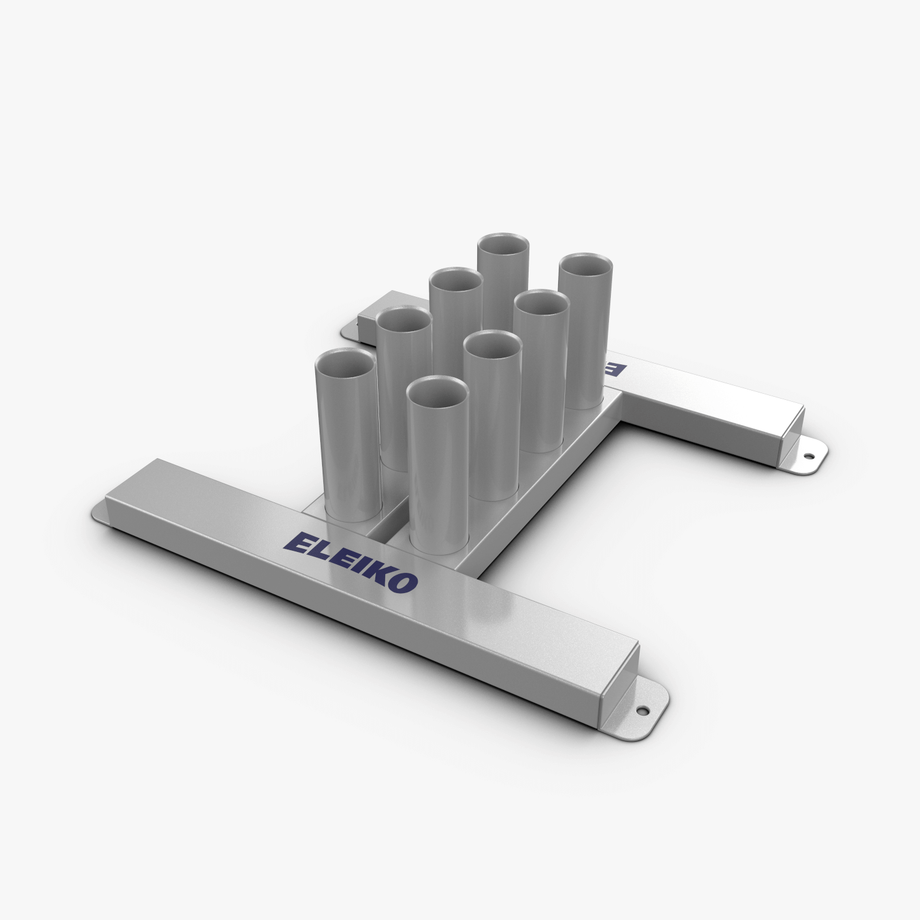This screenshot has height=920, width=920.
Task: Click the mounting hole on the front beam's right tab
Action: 643,711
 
